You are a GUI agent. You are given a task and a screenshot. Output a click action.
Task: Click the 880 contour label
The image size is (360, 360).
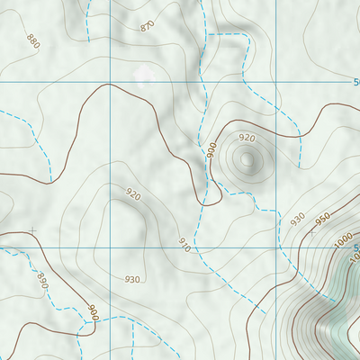tap(33, 41)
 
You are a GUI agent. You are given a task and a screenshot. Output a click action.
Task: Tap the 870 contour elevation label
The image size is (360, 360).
tap(148, 27)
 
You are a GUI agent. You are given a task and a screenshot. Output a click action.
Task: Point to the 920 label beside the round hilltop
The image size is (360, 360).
tap(247, 138)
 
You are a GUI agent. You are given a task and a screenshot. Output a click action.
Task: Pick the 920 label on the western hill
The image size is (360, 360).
tap(133, 193)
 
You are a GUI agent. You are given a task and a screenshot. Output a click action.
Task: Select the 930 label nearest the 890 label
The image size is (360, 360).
tap(132, 279)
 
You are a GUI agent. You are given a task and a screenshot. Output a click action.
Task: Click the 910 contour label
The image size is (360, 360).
tap(184, 244)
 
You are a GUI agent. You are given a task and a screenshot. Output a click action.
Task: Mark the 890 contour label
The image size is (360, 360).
tap(41, 280)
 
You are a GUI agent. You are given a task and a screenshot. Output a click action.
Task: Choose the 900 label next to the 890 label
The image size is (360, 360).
tap(91, 312)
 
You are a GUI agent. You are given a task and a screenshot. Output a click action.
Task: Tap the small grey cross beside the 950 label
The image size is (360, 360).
tap(312, 232)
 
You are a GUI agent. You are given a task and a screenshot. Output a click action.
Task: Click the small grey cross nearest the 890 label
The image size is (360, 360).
tap(32, 231)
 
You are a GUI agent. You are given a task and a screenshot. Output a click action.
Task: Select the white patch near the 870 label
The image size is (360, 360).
tap(142, 70)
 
